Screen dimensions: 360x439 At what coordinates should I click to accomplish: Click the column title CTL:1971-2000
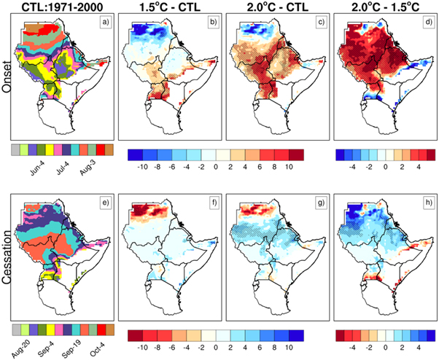point(63,8)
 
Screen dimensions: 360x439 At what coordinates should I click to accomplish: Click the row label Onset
point(9,81)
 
